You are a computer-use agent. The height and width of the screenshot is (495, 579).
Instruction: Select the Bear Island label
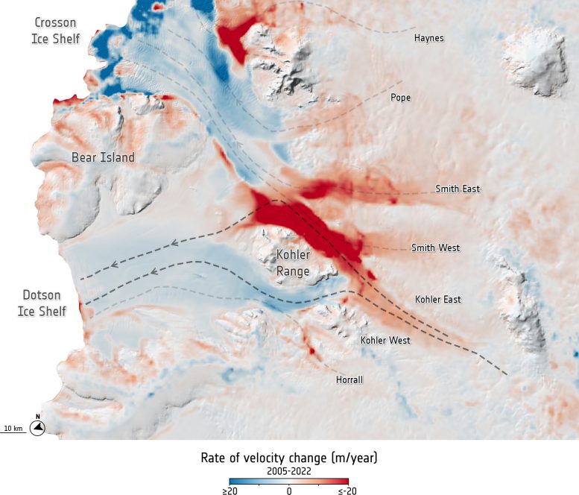103,157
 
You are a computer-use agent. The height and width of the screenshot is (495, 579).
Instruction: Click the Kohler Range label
293,262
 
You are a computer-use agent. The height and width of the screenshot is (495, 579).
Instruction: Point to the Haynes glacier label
428,38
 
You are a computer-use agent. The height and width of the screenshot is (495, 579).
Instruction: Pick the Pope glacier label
400,98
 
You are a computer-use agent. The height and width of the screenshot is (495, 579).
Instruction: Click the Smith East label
458,189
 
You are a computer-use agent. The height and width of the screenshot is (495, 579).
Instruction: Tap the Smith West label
435,248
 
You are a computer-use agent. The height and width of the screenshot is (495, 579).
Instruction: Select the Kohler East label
437,300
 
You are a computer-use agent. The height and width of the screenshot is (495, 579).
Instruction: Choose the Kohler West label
385,341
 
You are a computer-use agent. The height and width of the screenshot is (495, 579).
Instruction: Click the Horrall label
349,379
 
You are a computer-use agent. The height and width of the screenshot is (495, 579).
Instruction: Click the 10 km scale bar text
13,428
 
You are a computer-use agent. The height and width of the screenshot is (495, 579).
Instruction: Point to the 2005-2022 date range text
289,471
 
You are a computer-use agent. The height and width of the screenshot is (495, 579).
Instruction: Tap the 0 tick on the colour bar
289,491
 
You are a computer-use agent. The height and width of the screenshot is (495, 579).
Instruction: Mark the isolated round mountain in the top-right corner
534,60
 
